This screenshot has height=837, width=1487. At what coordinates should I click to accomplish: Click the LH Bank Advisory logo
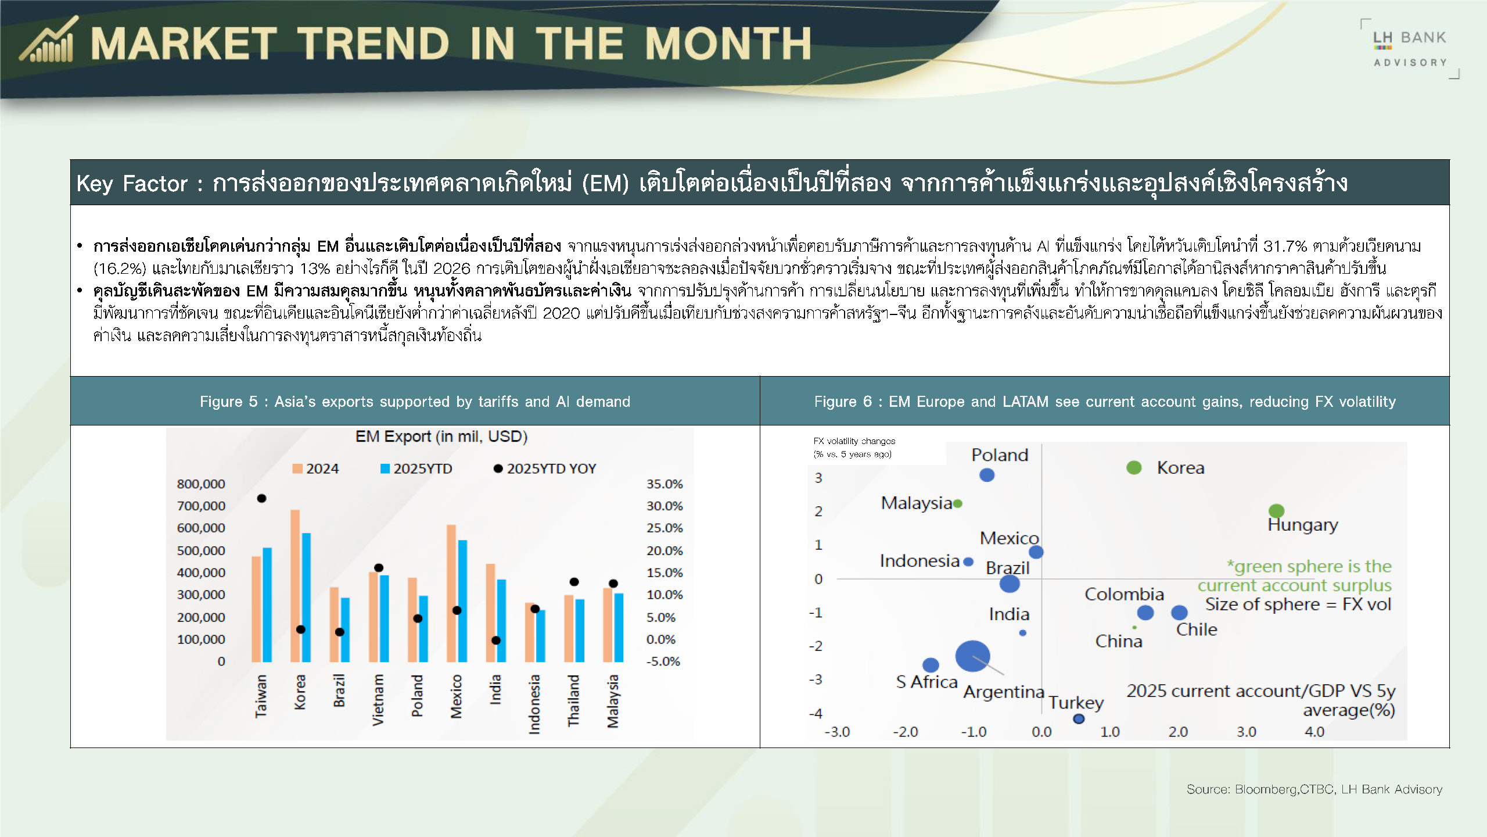[x=1410, y=49]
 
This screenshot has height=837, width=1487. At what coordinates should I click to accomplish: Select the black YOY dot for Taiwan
[x=261, y=498]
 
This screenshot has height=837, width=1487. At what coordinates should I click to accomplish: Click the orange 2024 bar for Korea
[x=295, y=586]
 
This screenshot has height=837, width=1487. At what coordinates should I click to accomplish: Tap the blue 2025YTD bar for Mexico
[x=462, y=601]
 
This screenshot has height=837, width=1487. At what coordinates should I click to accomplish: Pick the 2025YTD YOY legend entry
[x=545, y=468]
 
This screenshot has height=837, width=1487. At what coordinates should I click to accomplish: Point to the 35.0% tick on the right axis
[x=665, y=484]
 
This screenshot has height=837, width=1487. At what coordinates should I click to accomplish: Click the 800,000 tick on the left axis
[x=201, y=484]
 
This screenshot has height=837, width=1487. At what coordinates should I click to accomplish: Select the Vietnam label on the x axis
[x=378, y=700]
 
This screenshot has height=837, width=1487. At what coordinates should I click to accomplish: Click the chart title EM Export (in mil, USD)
[x=441, y=437]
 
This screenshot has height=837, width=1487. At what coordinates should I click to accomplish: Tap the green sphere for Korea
[x=1134, y=467]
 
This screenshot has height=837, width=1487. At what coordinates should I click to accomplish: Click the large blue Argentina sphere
[x=972, y=656]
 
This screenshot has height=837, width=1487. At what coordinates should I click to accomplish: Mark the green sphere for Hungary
[x=1276, y=511]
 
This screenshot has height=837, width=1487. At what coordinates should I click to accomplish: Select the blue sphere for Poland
[x=987, y=475]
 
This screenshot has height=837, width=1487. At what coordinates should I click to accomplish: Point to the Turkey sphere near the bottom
[x=1079, y=718]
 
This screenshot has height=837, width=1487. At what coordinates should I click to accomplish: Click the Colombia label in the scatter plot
[x=1124, y=594]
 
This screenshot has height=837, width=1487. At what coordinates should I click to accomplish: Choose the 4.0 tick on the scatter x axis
[x=1314, y=732]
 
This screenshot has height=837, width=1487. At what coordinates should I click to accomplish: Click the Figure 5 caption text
[x=415, y=402]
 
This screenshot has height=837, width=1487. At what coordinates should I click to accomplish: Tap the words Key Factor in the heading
[x=132, y=184]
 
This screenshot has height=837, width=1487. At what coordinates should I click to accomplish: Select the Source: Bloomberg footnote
[x=1314, y=789]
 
